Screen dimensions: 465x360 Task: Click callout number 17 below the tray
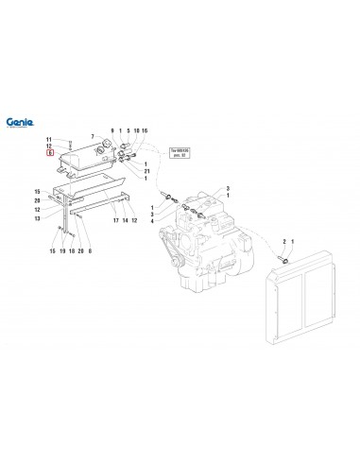point(115,220)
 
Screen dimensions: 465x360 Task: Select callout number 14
point(126,220)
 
